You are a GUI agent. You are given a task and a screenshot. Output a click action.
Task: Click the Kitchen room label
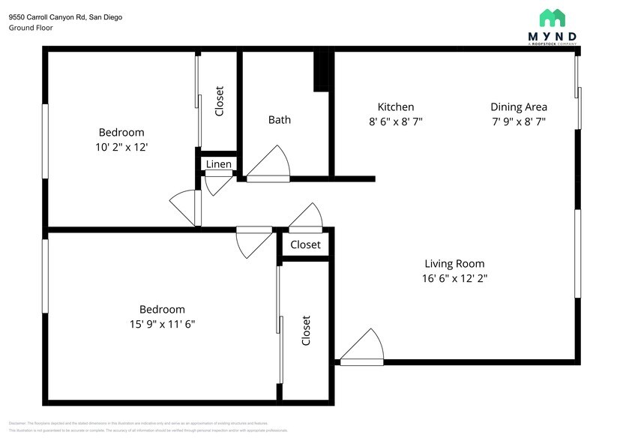396,107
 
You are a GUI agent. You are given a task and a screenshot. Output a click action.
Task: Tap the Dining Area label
519,107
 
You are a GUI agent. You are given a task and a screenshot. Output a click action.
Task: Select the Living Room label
454,263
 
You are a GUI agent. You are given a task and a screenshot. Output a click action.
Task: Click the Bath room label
280,119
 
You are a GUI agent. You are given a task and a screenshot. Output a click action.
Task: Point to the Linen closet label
219,164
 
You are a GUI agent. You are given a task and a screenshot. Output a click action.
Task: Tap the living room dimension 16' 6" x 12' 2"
454,278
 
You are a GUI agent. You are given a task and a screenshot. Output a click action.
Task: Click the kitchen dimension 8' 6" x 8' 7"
396,121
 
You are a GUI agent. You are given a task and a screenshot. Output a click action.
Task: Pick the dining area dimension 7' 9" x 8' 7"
519,121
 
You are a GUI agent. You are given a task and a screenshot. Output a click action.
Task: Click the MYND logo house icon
553,18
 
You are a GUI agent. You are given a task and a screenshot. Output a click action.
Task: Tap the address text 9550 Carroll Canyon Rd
66,16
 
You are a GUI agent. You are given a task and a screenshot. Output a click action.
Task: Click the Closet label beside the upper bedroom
220,101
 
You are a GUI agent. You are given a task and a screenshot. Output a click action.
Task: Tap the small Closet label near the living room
305,244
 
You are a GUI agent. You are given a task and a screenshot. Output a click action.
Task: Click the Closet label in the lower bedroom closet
306,331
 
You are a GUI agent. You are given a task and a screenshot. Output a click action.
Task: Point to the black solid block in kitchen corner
322,71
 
